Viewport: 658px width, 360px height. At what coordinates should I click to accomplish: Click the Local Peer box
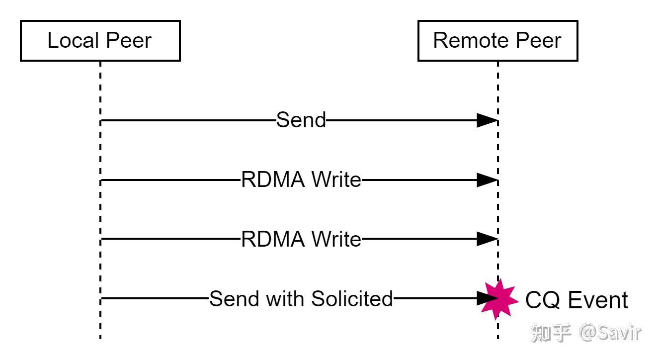tap(100, 41)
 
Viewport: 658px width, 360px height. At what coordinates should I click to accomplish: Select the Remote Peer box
tap(497, 41)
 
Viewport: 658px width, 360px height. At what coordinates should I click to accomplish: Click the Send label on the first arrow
tap(301, 120)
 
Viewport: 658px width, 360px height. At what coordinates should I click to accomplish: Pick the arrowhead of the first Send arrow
tap(487, 120)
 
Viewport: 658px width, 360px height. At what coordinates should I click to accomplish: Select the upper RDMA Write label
tap(301, 180)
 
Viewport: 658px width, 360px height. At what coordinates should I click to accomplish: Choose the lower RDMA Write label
tap(301, 240)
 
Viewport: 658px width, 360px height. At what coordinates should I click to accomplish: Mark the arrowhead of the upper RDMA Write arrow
tap(487, 180)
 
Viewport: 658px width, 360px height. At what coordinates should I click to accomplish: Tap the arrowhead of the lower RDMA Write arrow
tap(487, 239)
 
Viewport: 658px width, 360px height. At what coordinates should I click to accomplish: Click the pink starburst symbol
tap(499, 298)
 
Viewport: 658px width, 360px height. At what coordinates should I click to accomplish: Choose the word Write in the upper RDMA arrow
tap(336, 180)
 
